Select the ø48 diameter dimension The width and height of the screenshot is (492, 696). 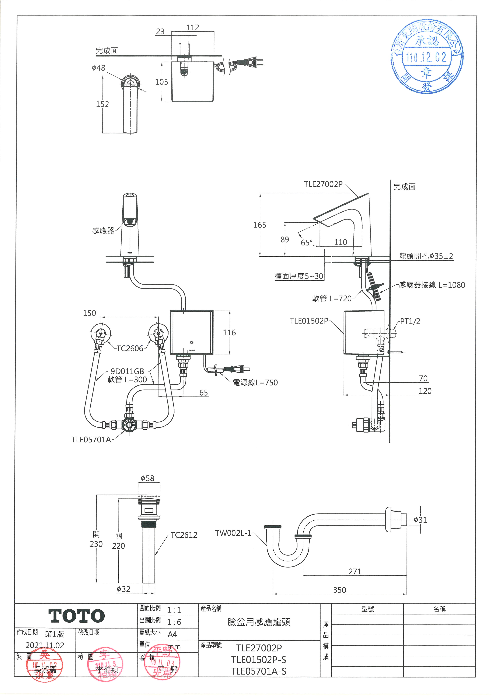tap(98, 68)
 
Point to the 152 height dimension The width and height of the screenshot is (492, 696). tap(102, 104)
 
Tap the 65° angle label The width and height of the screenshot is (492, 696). tap(306, 243)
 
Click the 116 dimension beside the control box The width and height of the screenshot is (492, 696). tap(229, 333)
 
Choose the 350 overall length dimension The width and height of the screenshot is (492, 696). tap(339, 590)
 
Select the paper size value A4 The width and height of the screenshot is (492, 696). tap(172, 634)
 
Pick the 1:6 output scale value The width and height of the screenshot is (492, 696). tap(174, 622)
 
